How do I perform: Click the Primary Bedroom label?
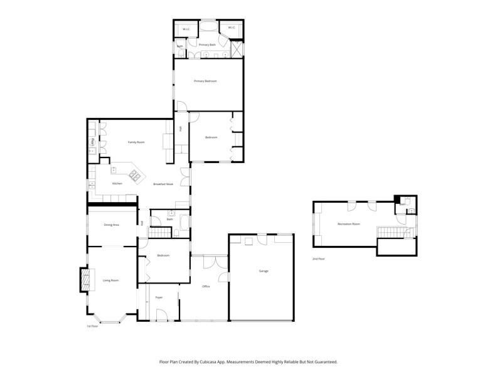pyautogui.click(x=205, y=81)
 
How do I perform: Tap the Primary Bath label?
pyautogui.click(x=207, y=45)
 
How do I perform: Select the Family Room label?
pyautogui.click(x=136, y=142)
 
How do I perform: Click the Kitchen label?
pyautogui.click(x=117, y=183)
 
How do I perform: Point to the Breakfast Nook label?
pyautogui.click(x=163, y=183)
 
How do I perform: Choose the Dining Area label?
pyautogui.click(x=112, y=225)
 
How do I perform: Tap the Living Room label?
pyautogui.click(x=110, y=280)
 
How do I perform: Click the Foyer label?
pyautogui.click(x=159, y=297)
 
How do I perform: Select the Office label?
pyautogui.click(x=205, y=286)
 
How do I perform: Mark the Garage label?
pyautogui.click(x=264, y=271)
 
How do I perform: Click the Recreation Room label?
pyautogui.click(x=348, y=224)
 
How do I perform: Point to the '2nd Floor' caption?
pyautogui.click(x=319, y=259)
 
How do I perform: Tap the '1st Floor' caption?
pyautogui.click(x=92, y=326)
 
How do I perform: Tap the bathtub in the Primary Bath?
pyautogui.click(x=206, y=28)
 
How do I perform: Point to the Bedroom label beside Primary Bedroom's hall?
pyautogui.click(x=211, y=137)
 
